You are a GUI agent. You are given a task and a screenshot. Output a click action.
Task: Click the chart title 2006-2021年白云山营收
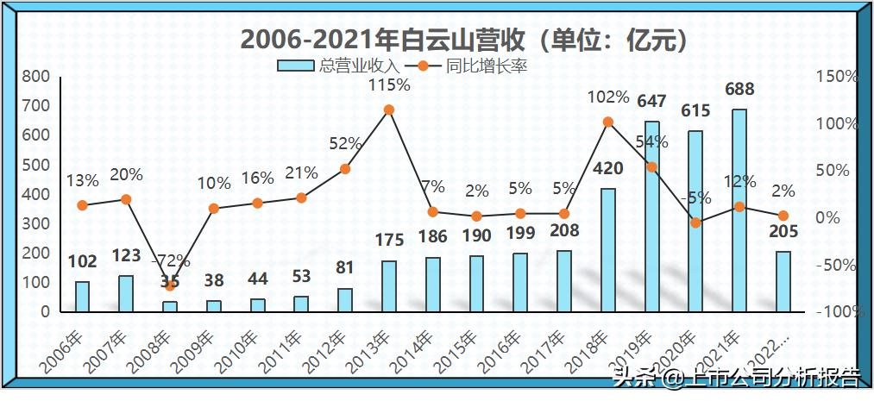coord(465,40)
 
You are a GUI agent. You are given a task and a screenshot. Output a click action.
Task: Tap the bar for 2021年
coord(739,210)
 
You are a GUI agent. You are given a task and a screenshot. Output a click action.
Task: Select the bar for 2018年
coord(607,250)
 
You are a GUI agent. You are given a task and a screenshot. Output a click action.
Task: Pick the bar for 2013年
coord(388,286)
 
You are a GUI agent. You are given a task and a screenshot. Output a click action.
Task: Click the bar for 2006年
coord(82,297)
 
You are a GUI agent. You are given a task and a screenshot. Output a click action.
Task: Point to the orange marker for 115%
coord(388,110)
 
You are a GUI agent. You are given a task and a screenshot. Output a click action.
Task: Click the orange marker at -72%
coord(170,285)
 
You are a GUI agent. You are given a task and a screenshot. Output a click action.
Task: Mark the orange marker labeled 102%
coord(607,122)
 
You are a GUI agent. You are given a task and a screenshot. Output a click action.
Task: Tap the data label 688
coord(739,89)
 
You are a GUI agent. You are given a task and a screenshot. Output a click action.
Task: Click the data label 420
coord(607,169)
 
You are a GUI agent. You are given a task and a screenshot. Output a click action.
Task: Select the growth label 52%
coord(344,143)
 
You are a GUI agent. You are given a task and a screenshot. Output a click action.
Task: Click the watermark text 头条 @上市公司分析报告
coord(735,377)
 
